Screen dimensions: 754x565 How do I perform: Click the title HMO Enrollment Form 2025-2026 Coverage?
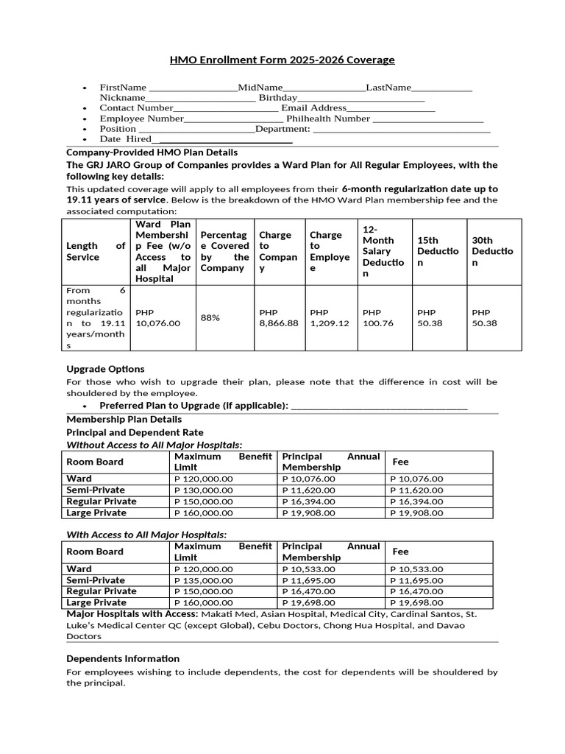[x=282, y=60]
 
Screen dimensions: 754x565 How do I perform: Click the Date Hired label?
[x=125, y=139]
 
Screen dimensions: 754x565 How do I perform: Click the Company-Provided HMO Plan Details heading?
[x=152, y=152]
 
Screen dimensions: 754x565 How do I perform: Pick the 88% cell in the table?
[x=210, y=318]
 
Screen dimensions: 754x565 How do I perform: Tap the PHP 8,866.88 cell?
[x=279, y=318]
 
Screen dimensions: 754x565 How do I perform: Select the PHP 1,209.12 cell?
[x=330, y=318]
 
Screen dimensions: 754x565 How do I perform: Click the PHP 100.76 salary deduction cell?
[x=378, y=318]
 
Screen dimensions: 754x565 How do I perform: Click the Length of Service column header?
[x=96, y=251]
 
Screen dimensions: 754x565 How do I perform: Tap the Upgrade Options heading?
[x=105, y=369]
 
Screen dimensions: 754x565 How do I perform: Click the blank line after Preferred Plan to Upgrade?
[x=379, y=406]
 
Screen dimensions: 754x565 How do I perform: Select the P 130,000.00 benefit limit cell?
[x=204, y=490]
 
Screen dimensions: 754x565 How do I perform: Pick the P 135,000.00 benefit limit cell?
[x=204, y=580]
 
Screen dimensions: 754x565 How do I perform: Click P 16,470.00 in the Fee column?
[x=417, y=591]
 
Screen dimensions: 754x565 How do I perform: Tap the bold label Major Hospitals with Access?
[x=131, y=613]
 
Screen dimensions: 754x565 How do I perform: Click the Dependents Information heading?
[x=123, y=658]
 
